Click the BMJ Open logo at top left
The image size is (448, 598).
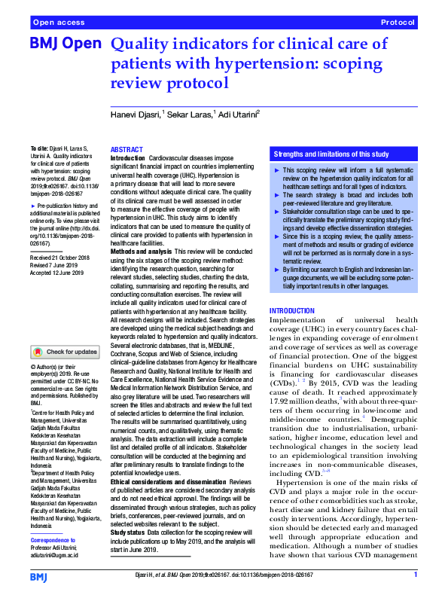coord(65,44)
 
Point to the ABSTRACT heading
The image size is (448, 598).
coord(127,151)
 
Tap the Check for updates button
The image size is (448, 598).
coord(66,352)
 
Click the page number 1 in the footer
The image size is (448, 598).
coord(415,576)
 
